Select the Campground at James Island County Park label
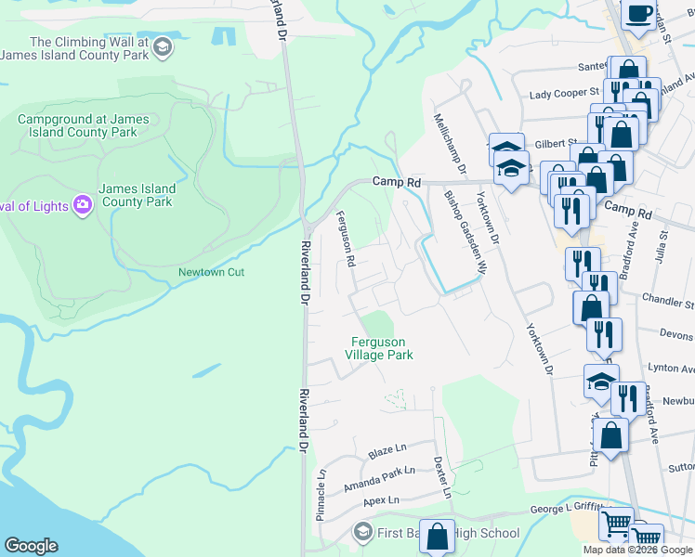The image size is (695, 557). pos(89,125)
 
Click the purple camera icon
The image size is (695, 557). pos(82,203)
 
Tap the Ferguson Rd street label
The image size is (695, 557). pos(345,240)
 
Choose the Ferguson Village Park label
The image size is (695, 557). pos(379,348)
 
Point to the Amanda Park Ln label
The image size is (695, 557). pos(377,479)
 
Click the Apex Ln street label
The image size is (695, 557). pos(380,500)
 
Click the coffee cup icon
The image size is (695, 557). pos(638,13)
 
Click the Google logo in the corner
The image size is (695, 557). pos(31,546)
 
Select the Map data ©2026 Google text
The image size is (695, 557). pos(637,550)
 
